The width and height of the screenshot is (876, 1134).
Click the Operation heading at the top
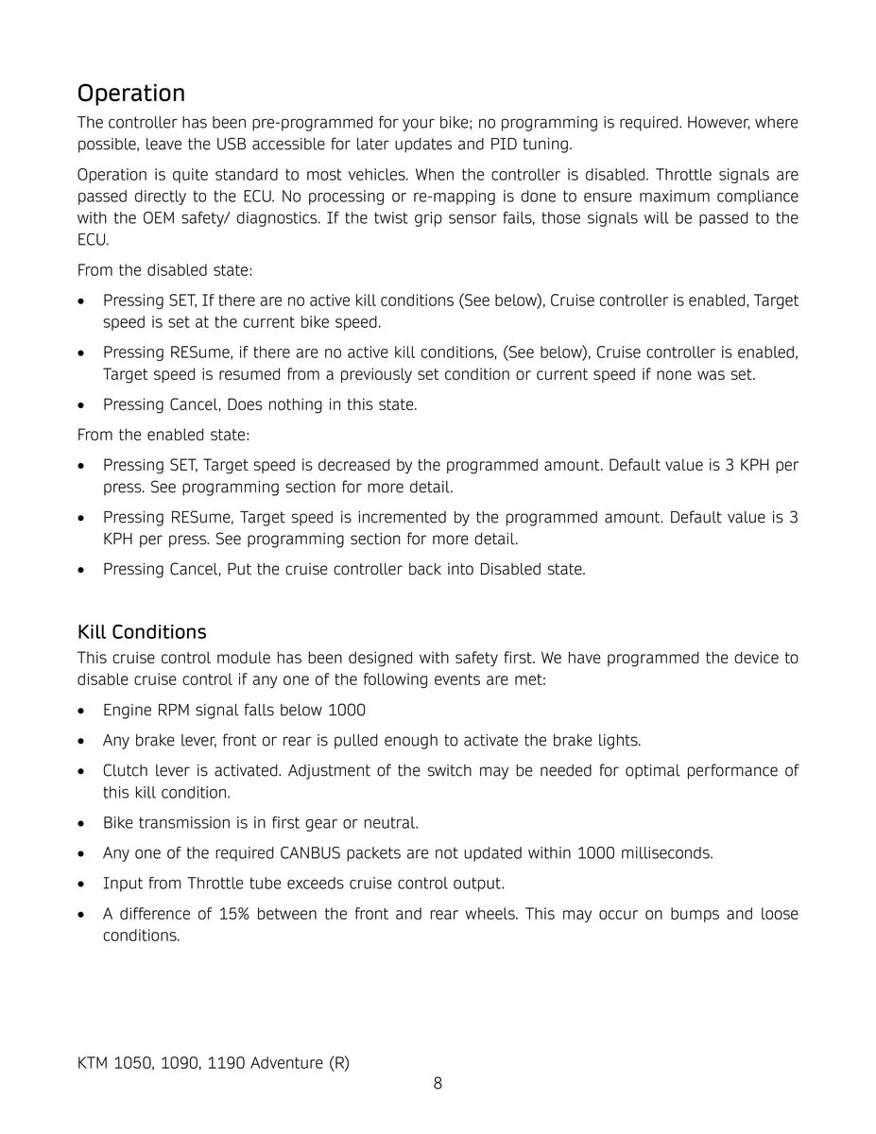(131, 94)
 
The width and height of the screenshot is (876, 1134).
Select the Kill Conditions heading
(142, 631)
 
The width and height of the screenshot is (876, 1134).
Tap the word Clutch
(126, 770)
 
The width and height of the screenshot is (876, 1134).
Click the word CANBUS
(316, 853)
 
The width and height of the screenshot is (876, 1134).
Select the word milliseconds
(666, 853)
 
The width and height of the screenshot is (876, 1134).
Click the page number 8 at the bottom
(438, 1083)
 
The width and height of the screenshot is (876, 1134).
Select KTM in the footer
(93, 1063)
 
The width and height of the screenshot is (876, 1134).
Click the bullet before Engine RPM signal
(83, 711)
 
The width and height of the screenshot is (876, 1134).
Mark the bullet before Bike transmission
(83, 824)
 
